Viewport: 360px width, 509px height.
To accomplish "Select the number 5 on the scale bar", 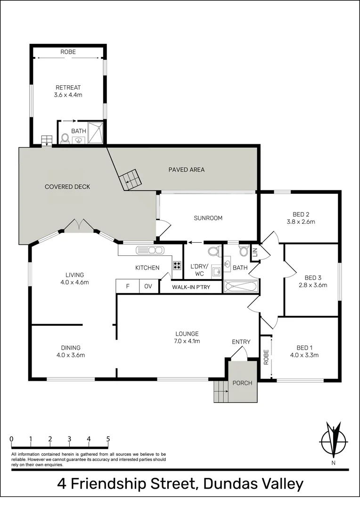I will [108, 439].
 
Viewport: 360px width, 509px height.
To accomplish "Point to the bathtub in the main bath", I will [241, 286].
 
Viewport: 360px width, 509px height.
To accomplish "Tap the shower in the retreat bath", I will [96, 133].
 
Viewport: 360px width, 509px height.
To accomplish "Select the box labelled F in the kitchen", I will [127, 286].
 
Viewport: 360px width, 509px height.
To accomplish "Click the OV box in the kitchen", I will [148, 286].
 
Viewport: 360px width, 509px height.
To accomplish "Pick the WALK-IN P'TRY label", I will [191, 287].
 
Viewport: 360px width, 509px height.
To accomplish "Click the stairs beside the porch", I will [220, 391].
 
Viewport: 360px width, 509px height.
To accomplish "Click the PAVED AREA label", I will [187, 170].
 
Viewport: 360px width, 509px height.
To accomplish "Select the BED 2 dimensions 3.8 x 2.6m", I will [301, 222].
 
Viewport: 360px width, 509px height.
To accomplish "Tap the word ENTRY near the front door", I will [241, 342].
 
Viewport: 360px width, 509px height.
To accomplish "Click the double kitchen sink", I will [149, 250].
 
